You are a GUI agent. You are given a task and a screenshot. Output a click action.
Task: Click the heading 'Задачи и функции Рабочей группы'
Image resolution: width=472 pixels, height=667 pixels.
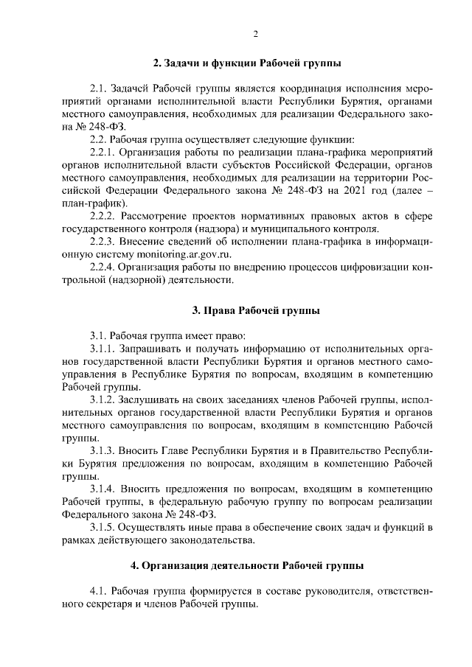pyautogui.click(x=246, y=64)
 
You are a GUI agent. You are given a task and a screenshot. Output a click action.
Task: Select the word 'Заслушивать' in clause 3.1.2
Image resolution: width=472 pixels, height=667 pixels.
pyautogui.click(x=156, y=399)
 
